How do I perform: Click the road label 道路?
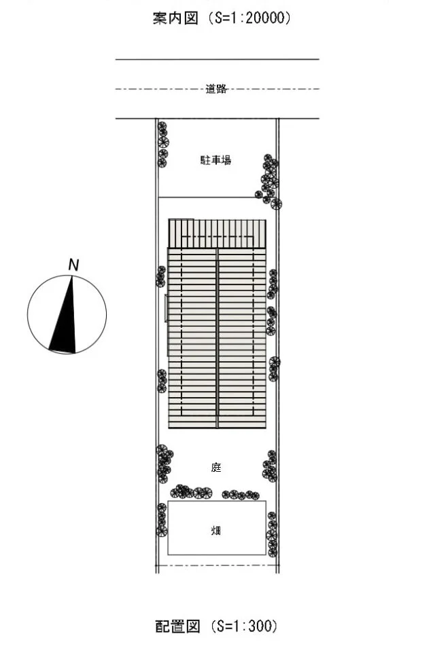tap(216, 89)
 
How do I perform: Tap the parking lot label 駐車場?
tap(215, 160)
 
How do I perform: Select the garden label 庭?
tap(216, 468)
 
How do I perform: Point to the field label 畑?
tap(216, 530)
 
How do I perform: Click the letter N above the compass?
tap(73, 265)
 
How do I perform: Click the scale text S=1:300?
tap(244, 626)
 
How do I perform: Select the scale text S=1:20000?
tap(249, 18)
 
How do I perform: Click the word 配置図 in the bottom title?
tap(177, 626)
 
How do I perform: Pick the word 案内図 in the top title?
tap(175, 18)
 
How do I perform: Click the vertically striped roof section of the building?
tap(217, 234)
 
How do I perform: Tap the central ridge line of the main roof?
tap(217, 338)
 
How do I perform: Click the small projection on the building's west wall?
tap(167, 308)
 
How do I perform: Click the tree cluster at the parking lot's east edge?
tap(268, 181)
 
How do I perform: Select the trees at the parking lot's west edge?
tap(162, 144)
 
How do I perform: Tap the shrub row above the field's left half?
tap(191, 492)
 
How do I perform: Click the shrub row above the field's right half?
tap(241, 494)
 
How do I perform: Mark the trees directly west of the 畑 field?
tap(162, 520)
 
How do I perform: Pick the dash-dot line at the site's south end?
tap(217, 565)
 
